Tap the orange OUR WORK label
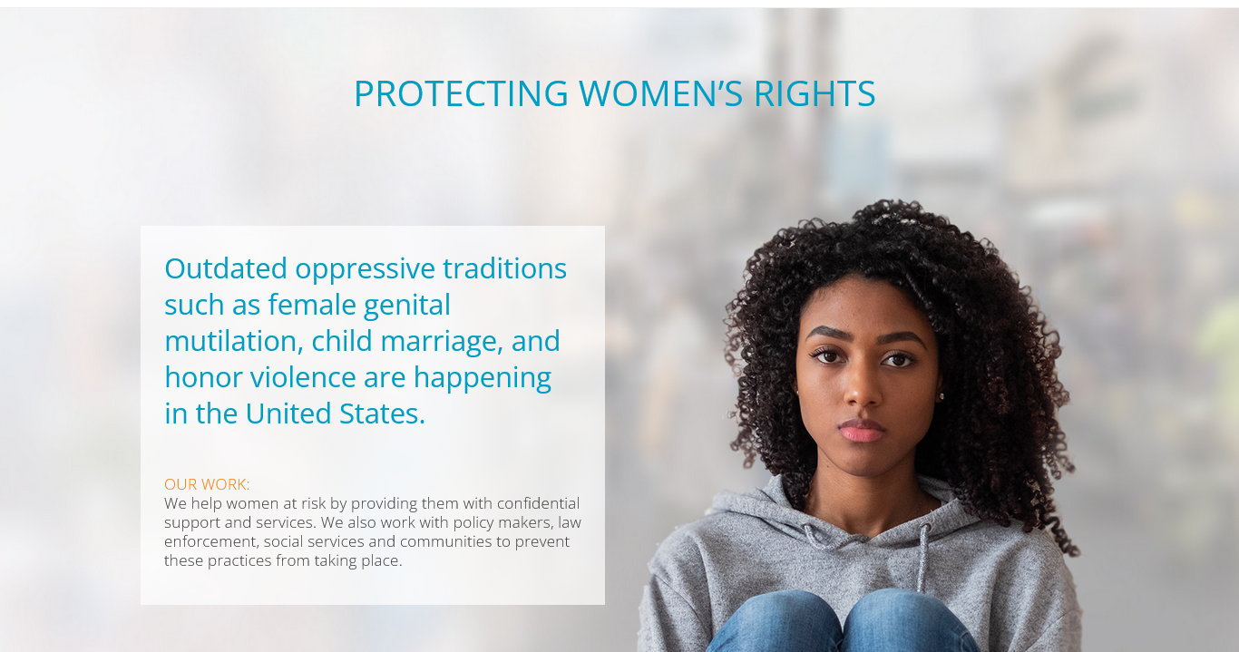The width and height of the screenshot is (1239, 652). (207, 484)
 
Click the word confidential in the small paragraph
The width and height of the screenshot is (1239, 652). (538, 503)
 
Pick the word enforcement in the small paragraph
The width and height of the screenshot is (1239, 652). (210, 541)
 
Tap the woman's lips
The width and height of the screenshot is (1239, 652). (862, 430)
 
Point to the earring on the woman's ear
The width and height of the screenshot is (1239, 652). (941, 395)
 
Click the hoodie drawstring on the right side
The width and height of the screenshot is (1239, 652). (923, 553)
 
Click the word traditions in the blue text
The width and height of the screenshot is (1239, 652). (504, 268)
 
